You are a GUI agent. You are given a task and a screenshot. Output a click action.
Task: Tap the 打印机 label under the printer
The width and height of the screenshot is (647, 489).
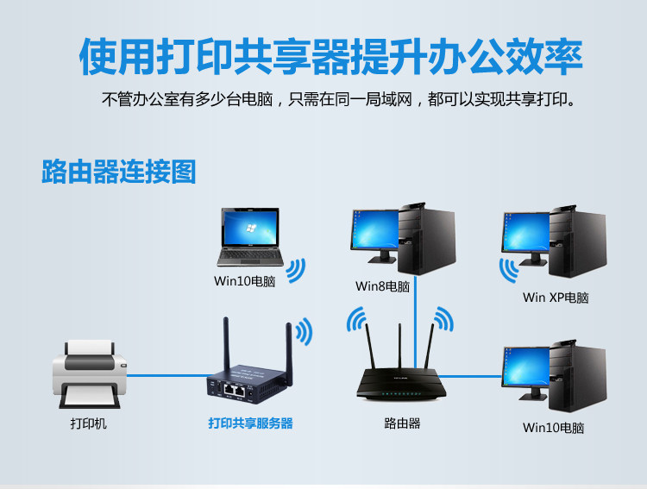click(89, 424)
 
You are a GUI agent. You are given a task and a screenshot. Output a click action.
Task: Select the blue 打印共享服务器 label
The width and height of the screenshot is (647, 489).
click(250, 423)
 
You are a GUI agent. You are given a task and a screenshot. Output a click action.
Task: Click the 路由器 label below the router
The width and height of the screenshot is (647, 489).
click(402, 423)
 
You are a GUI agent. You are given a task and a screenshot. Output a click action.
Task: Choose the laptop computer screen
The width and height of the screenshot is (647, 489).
click(248, 229)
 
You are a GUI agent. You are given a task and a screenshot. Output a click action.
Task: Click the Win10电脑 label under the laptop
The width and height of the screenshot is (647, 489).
click(244, 281)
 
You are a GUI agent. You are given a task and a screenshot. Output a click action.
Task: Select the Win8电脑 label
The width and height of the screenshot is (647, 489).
click(382, 285)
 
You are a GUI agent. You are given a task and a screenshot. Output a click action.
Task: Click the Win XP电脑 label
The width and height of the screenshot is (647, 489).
click(556, 298)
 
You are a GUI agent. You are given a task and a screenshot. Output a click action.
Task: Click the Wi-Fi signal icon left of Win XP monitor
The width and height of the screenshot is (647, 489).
click(509, 270)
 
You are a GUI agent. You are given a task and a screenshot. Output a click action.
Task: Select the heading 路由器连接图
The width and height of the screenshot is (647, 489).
click(119, 171)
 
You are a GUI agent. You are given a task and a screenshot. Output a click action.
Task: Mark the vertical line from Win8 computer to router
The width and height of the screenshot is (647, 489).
click(415, 319)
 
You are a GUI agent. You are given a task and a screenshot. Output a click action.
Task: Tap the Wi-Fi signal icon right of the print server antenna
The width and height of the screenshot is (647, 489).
click(304, 332)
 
